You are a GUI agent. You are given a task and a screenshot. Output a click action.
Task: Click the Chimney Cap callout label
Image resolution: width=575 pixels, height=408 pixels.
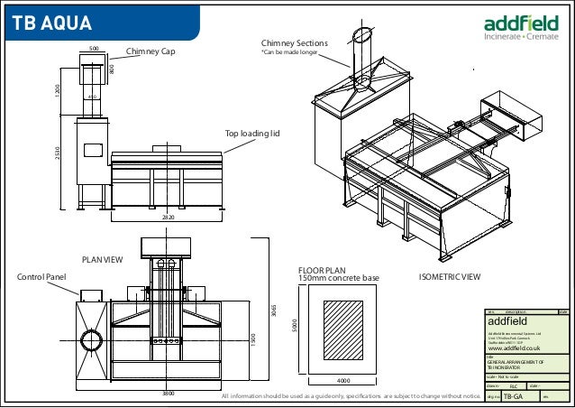[150, 52]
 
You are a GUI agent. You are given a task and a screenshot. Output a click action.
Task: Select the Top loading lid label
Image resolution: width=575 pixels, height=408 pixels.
[252, 134]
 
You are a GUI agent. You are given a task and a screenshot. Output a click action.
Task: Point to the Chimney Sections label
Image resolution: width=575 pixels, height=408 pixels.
[294, 42]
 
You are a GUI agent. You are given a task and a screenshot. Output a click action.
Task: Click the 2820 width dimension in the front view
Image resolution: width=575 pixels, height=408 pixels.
[168, 218]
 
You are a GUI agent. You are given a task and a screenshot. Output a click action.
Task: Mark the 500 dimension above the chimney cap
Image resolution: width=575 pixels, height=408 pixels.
[93, 48]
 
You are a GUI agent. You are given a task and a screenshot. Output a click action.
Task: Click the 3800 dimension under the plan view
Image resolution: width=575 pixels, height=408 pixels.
[168, 394]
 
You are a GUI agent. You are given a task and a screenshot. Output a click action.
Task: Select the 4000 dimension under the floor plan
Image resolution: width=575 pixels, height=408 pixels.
[343, 380]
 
